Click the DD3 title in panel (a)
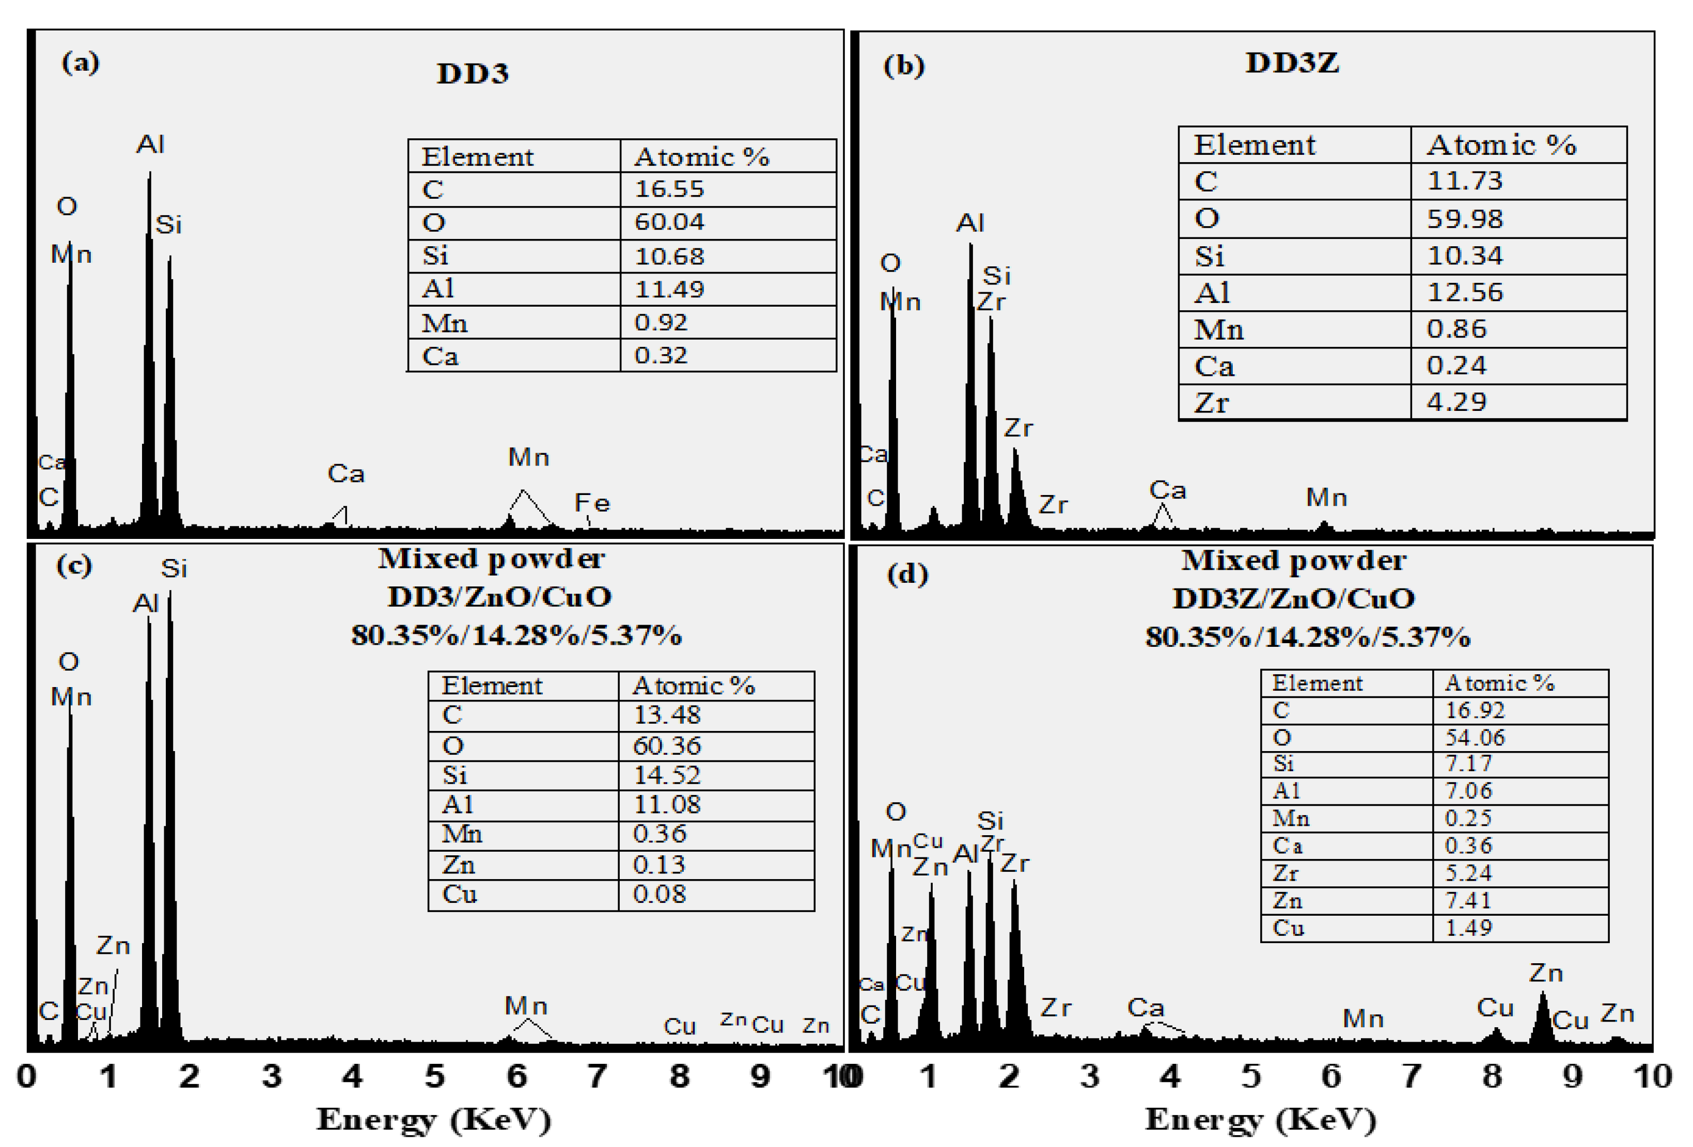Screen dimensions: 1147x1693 click(472, 73)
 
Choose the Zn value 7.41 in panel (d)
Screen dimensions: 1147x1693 click(1468, 901)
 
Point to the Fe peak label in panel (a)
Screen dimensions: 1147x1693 click(591, 502)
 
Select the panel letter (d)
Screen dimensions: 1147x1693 click(906, 575)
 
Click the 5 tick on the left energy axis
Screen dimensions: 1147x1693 click(434, 1076)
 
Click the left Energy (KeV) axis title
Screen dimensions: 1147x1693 click(433, 1119)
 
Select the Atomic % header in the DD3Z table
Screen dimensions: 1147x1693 click(1501, 145)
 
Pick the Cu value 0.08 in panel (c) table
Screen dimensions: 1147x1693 click(659, 894)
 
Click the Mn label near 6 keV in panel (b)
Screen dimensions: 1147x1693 click(1326, 498)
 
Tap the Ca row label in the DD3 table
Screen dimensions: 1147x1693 click(440, 357)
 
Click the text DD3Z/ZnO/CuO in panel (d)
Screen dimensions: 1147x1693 click(1293, 599)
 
